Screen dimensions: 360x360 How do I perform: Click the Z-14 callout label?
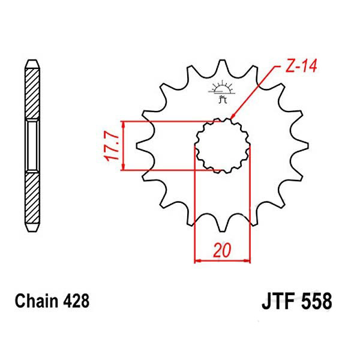pyautogui.click(x=301, y=66)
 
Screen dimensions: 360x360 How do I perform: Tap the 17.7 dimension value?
pyautogui.click(x=112, y=146)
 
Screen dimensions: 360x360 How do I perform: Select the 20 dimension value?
pyautogui.click(x=222, y=250)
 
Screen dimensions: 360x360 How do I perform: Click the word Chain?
pyautogui.click(x=37, y=301)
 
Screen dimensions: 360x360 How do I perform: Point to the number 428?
pyautogui.click(x=76, y=301)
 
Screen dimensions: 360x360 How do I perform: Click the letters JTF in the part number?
pyautogui.click(x=279, y=301)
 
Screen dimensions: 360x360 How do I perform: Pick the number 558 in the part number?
pyautogui.click(x=317, y=301)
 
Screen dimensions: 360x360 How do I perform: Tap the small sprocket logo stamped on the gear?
pyautogui.click(x=222, y=92)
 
